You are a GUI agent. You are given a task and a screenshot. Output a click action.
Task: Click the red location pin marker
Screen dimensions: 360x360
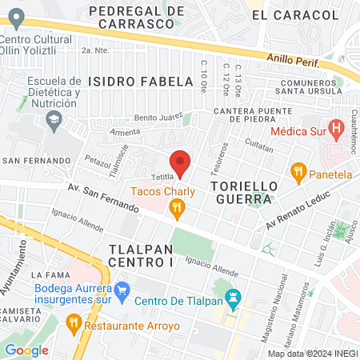click(x=181, y=162)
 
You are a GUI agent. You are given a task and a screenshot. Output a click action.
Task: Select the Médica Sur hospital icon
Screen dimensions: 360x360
click(x=336, y=127)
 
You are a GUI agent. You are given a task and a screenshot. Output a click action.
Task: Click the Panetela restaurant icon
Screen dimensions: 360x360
click(x=299, y=170)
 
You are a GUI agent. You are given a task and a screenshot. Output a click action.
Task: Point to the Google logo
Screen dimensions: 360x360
click(x=26, y=350)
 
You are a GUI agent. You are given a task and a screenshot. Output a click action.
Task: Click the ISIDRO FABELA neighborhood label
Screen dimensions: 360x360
click(x=141, y=82)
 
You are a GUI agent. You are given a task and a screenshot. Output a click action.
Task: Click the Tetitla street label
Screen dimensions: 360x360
click(x=163, y=178)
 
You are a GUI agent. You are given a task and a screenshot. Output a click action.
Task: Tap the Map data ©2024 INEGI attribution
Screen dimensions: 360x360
click(x=312, y=354)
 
